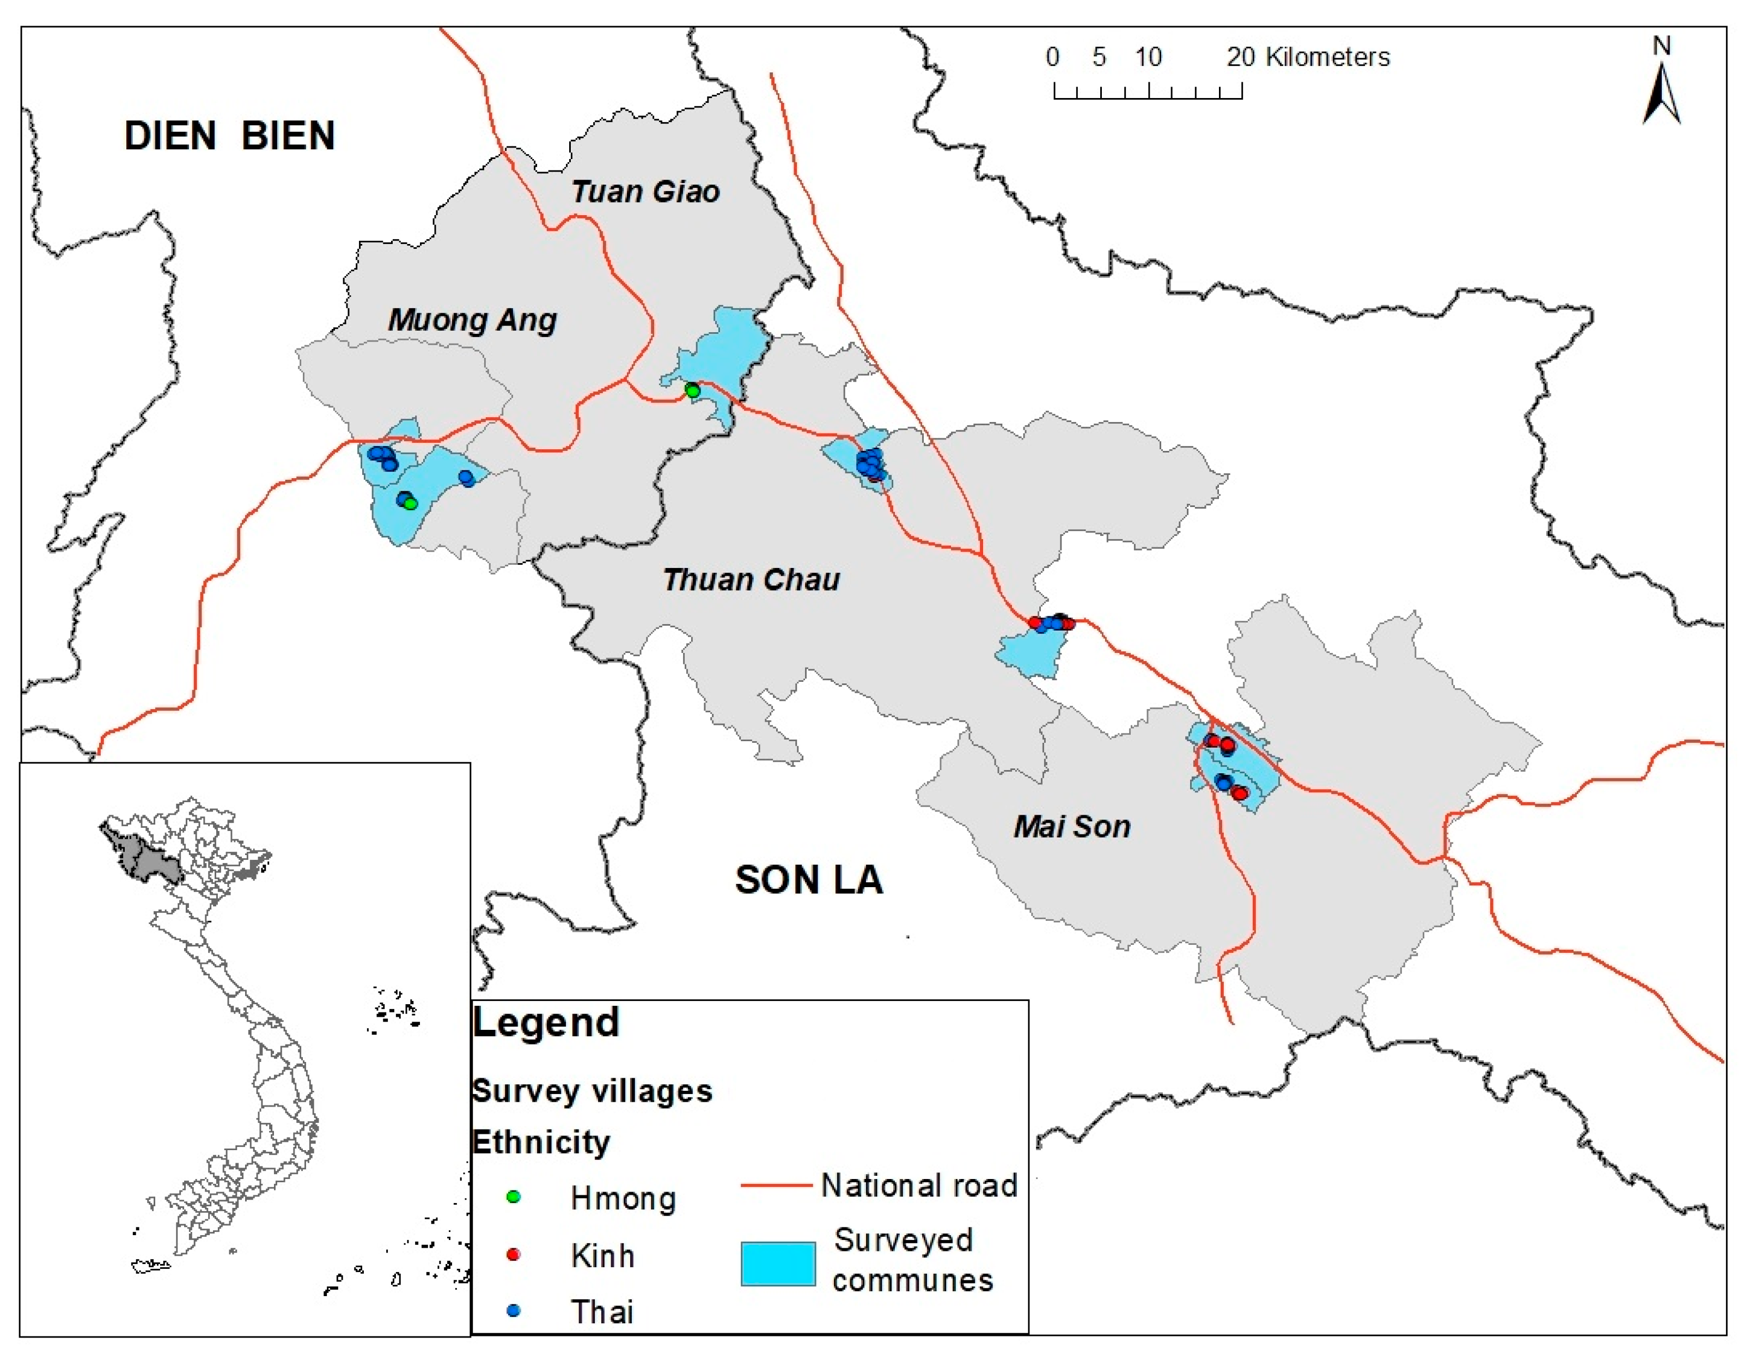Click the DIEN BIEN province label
229,135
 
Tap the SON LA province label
809,880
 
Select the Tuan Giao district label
645,191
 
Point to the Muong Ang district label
472,320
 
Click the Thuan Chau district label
751,579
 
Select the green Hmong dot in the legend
513,1197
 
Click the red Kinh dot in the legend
513,1254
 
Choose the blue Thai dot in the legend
513,1311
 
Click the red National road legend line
776,1185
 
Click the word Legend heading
546,1023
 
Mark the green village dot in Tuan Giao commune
692,392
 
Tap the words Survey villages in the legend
592,1091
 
